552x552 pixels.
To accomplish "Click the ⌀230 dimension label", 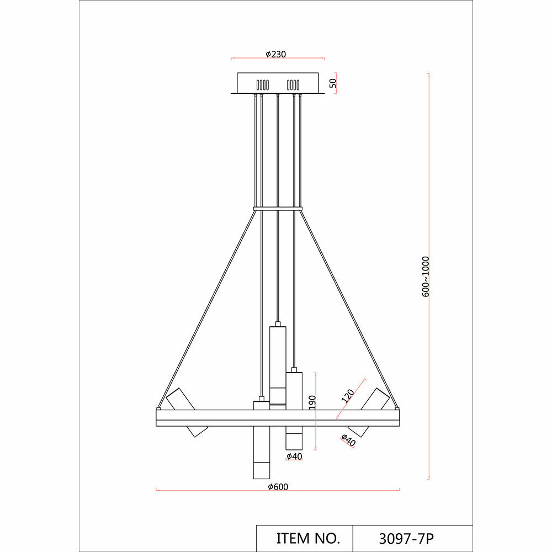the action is coord(275,54).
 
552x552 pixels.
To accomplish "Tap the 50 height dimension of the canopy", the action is coord(333,83).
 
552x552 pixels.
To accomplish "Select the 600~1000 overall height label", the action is coord(426,277).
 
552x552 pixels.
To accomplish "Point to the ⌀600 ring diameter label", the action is coord(278,486).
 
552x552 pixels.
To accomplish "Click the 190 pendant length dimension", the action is coord(312,402).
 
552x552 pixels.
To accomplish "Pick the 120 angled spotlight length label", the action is coord(348,396).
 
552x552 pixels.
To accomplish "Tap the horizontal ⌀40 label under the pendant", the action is coord(294,457).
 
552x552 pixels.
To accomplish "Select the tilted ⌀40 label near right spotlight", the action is coord(348,440).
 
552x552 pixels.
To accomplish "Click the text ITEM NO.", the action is coord(308,538).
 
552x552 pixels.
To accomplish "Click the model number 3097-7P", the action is coord(406,539).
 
